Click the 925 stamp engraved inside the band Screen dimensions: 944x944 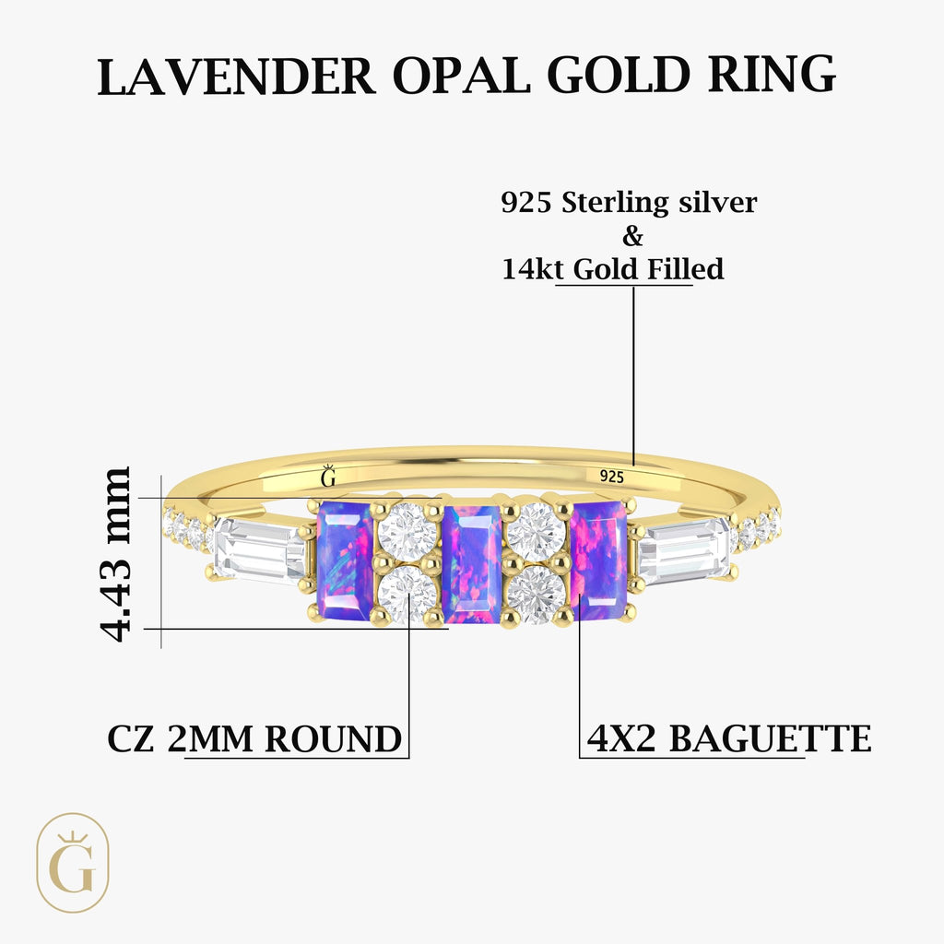coord(611,477)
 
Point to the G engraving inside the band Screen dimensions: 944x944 coord(327,477)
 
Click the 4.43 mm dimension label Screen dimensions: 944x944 coord(117,553)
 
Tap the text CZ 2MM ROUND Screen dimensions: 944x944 coord(254,739)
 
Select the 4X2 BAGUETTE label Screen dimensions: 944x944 coord(728,739)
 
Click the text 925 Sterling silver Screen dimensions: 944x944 coord(629,203)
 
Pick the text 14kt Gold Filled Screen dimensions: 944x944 coord(613,269)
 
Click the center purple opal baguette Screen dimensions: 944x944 coord(471,562)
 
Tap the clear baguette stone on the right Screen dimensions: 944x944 coord(683,551)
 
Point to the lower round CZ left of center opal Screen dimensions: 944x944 coord(407,595)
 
